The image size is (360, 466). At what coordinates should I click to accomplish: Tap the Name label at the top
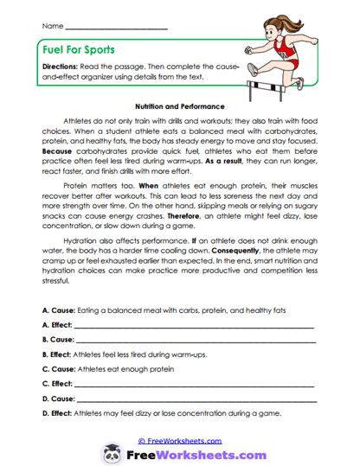click(51, 27)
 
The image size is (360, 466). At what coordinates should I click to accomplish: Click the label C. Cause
click(57, 367)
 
